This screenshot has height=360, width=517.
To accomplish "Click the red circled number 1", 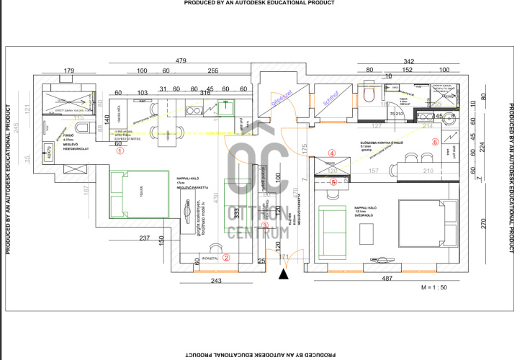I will [120, 151].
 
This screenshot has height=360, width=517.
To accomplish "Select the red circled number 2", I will [225, 257].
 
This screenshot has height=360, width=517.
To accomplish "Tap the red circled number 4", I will [331, 153].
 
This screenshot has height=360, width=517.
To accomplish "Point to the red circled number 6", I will [434, 142].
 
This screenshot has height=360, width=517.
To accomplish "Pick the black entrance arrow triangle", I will [285, 272].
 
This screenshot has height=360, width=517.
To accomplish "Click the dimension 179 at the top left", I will [69, 70].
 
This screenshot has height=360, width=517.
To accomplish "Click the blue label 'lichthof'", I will [331, 99].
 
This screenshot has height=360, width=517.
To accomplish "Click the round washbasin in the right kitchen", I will [451, 120].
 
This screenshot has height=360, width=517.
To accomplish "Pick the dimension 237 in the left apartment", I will [144, 239].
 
